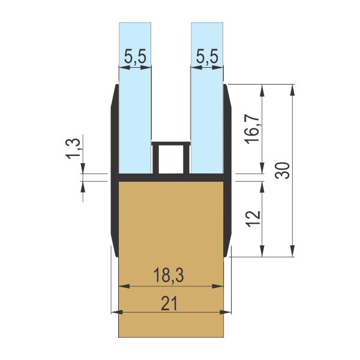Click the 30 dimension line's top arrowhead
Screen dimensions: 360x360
[x=292, y=89]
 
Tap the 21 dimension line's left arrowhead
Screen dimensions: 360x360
[x=116, y=313]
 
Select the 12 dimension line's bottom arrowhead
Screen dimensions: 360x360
[x=262, y=252]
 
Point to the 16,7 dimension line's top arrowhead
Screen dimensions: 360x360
[x=262, y=89]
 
